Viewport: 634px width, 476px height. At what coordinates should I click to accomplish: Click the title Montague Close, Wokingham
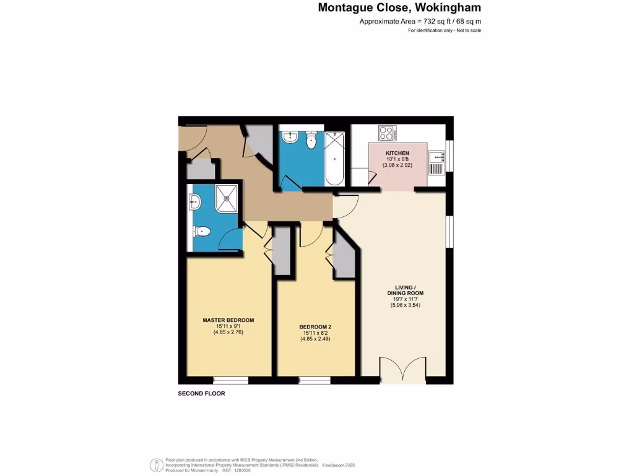coord(399,8)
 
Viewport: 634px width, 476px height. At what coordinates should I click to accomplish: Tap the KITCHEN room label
coord(397,152)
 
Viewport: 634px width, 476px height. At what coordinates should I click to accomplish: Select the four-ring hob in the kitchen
coord(388,133)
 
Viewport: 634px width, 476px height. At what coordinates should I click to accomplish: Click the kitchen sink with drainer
coord(436,163)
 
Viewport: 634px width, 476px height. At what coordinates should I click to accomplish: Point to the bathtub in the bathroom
coord(336,159)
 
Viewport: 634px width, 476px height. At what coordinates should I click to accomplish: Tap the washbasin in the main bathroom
coord(289,137)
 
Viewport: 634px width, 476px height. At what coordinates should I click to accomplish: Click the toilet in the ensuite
coord(202,231)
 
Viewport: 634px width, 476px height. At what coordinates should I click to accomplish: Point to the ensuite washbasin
coord(195,201)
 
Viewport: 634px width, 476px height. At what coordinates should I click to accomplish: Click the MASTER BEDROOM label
coord(228,320)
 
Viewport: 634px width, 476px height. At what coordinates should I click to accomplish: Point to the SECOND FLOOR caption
coord(201,394)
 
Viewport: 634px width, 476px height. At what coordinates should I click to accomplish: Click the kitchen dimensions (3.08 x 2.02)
coord(397,166)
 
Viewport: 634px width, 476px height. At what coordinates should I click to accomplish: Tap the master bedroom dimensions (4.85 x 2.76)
coord(228,333)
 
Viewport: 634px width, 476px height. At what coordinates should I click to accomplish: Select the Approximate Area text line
coord(420,22)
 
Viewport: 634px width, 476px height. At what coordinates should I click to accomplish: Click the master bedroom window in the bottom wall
coord(230,380)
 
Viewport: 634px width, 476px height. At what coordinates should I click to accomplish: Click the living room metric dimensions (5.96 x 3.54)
coord(406,305)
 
